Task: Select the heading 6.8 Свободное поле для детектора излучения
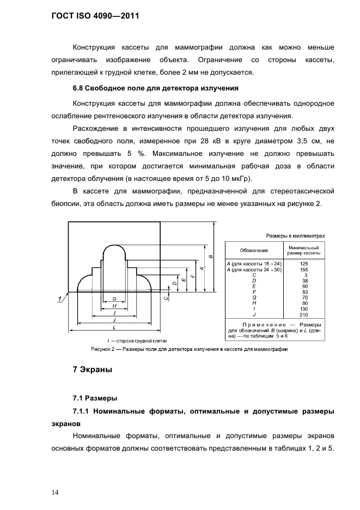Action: (x=156, y=88)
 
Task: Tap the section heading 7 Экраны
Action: (x=93, y=370)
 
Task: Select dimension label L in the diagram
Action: (x=113, y=328)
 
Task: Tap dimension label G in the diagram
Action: (x=114, y=299)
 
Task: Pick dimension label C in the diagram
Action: (x=167, y=297)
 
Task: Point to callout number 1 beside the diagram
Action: (x=57, y=298)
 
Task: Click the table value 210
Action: (x=304, y=315)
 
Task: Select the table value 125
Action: (x=304, y=264)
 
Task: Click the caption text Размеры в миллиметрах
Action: (x=295, y=236)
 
